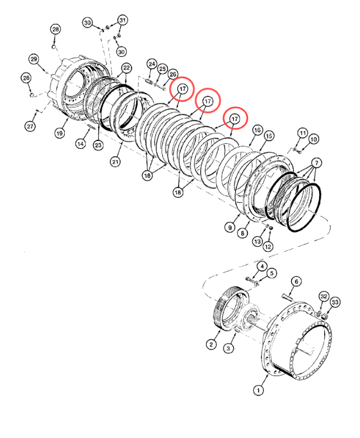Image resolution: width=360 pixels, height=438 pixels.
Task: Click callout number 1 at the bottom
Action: coord(259,390)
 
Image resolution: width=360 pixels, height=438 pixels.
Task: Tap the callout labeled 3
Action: coord(229,348)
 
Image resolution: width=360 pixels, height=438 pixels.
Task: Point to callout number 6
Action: coord(297,281)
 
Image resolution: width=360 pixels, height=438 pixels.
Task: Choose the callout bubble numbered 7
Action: coord(316,163)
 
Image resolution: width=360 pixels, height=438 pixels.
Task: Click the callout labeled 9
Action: coord(230,227)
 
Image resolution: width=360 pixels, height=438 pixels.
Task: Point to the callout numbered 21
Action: coord(115,162)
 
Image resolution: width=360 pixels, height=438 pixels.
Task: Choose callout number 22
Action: coord(126,68)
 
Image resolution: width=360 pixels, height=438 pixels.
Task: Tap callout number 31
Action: coord(123,20)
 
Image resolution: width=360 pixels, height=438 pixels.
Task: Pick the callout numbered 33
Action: coord(335,302)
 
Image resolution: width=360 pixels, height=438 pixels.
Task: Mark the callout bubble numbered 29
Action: coord(34,59)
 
